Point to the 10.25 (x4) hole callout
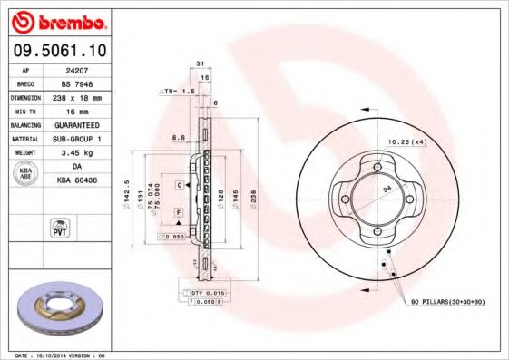[x=407, y=141]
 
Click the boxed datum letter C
[x=180, y=184]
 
